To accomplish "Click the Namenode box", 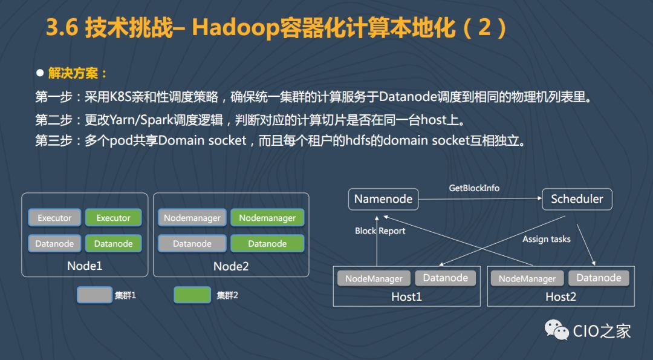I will [383, 199].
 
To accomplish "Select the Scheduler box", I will [577, 199].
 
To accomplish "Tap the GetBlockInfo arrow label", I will [474, 188].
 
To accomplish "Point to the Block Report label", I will [380, 231].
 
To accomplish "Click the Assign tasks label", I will [546, 239].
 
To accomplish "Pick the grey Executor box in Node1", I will [54, 218].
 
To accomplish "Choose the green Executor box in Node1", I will [114, 218].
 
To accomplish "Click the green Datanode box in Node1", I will [114, 244].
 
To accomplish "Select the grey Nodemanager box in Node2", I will [192, 218].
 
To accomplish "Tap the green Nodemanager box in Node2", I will [267, 218].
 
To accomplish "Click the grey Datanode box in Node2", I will [192, 244].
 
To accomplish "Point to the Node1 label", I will [85, 266].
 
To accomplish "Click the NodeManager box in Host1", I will [374, 278].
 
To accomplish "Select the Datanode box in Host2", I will [599, 278].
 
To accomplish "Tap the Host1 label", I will [406, 296].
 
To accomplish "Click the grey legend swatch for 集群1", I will [94, 295].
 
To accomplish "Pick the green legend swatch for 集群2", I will [192, 295].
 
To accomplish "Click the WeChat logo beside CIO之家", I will [557, 330].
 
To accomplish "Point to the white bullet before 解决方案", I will [40, 73].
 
